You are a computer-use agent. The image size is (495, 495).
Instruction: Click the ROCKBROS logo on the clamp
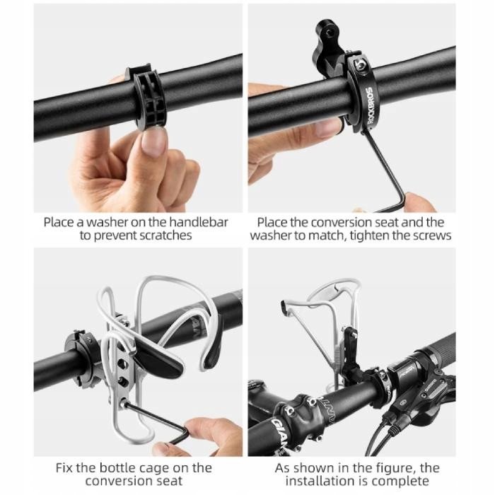tap(372, 106)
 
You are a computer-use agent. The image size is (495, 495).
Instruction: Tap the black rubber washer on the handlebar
tap(146, 96)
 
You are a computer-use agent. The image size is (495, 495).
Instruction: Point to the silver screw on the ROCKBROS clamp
tap(360, 66)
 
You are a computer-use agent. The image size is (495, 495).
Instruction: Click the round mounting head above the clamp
tap(327, 32)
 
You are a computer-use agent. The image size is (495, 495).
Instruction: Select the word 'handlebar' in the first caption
tap(198, 222)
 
